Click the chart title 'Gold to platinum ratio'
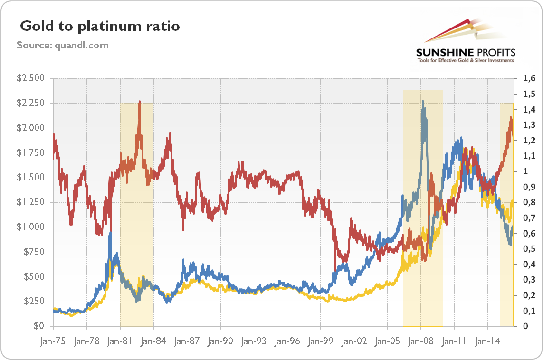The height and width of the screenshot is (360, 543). point(99,26)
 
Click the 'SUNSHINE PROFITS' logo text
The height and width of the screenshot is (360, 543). point(465,52)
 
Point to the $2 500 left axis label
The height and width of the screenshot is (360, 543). point(30,78)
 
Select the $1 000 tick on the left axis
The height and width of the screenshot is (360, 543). point(30,227)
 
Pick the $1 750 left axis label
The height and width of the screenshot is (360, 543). point(30,153)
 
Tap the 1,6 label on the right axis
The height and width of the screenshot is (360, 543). point(529,78)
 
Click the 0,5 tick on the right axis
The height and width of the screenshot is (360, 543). point(529,249)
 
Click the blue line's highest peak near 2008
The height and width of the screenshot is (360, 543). point(422,101)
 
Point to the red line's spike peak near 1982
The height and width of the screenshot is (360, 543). point(139,102)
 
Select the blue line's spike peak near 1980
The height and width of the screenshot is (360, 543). point(110,233)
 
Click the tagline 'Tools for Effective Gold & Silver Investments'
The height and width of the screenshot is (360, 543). point(465,61)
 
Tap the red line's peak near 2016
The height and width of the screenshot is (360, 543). point(511,117)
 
